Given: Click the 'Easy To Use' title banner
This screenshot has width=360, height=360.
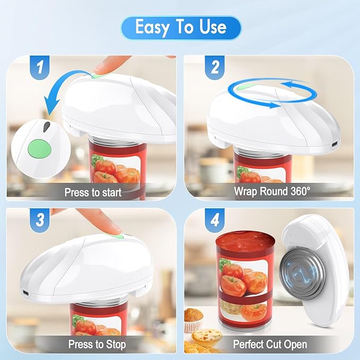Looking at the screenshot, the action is [x=181, y=28].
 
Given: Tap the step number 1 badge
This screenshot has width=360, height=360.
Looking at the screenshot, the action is [x=40, y=67].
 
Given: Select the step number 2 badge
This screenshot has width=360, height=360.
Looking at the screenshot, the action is [x=215, y=67].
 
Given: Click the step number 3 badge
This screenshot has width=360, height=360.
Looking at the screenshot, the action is [x=40, y=220].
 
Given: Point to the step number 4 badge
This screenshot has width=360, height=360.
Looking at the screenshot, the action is [x=215, y=220].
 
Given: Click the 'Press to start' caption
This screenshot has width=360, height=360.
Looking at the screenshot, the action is [x=93, y=192].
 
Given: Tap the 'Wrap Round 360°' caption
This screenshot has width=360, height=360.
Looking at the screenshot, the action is [x=272, y=191].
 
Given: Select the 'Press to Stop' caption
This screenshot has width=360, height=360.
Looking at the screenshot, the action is [x=97, y=344].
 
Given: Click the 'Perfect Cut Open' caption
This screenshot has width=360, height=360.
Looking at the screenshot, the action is [x=270, y=344].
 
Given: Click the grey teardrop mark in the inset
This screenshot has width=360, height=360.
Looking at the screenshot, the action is [x=46, y=127].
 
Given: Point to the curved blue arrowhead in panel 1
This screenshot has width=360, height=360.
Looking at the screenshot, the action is [x=51, y=104].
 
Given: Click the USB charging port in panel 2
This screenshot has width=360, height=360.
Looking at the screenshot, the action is [x=334, y=145].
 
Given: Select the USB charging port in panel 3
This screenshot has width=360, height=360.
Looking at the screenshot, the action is [x=25, y=293].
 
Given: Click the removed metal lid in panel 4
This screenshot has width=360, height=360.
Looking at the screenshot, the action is [x=302, y=274].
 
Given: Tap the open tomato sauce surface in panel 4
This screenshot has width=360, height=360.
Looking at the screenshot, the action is [x=245, y=241].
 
